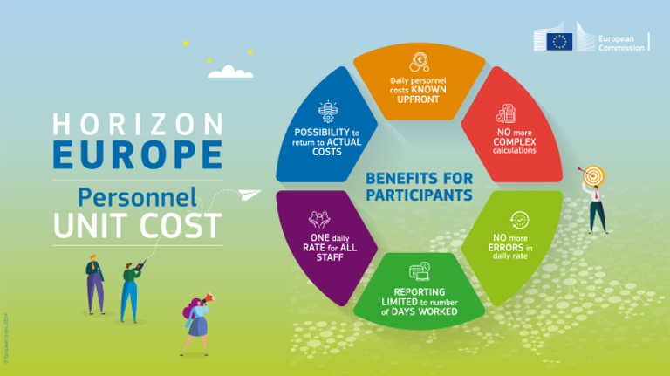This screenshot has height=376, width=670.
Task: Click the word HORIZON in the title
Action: coord(137,123)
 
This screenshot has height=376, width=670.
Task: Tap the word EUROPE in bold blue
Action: coord(137,154)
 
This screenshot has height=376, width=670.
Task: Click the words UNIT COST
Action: coord(137,225)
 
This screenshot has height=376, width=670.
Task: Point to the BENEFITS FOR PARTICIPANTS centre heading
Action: coord(419,186)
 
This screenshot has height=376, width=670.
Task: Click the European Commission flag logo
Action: coord(559,41)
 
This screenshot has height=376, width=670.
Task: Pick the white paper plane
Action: coord(250,192)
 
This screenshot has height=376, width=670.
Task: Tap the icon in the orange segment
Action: coord(420,62)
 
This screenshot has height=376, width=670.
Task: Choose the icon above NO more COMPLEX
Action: coord(505,114)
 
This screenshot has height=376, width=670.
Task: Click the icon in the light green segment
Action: coord(519,219)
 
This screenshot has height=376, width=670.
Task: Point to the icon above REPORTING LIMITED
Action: coord(420,271)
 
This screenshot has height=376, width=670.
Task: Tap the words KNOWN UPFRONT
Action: coord(420,92)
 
